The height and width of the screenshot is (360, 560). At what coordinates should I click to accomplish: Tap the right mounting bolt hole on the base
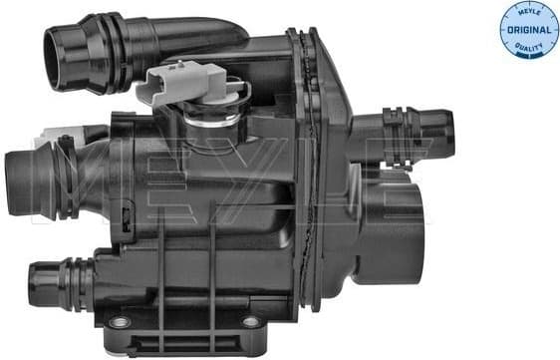pyautogui.click(x=249, y=322)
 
